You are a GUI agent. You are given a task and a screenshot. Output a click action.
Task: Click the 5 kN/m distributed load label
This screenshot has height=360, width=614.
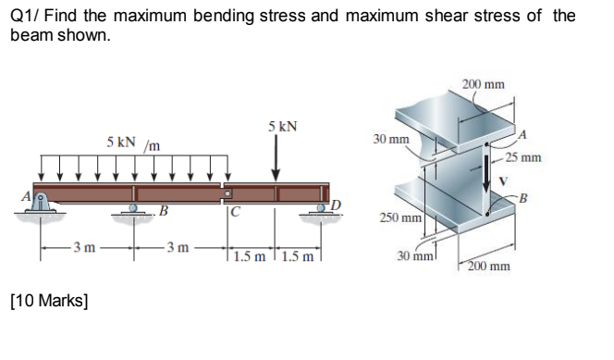tap(133, 143)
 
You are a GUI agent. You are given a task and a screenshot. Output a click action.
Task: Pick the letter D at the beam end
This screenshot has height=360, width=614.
tap(338, 203)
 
